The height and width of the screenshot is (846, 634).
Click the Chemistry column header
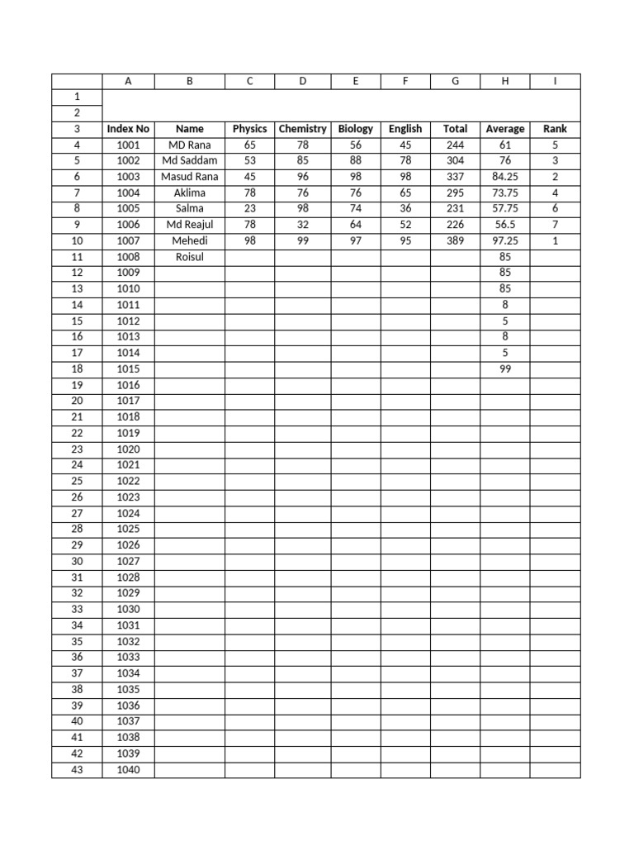point(303,129)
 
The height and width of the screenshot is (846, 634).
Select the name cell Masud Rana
point(190,177)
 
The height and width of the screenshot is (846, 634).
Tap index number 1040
point(128,770)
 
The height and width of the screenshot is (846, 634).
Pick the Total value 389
point(455,240)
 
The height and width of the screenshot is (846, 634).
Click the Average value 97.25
point(505,240)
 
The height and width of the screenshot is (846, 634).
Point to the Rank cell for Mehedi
point(555,240)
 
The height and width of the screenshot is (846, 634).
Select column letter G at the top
point(455,81)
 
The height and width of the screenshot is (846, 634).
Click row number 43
point(77,770)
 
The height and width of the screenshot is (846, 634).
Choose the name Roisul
point(190,257)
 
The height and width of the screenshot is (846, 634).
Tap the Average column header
point(505,129)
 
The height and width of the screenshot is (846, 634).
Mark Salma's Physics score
point(250,208)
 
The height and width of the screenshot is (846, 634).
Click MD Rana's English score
point(405,145)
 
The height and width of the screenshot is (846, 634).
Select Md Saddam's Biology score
point(356,160)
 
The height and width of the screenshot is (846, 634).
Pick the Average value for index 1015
point(505,369)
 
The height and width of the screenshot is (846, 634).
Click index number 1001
point(128,145)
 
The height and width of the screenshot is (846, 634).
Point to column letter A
point(128,81)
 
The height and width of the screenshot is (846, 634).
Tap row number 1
point(77,97)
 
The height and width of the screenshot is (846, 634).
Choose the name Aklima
point(190,192)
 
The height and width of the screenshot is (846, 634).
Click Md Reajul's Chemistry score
point(303,225)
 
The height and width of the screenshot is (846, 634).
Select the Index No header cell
point(128,129)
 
